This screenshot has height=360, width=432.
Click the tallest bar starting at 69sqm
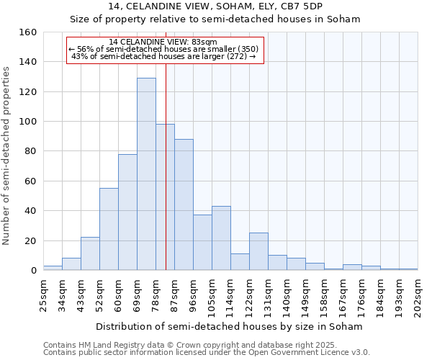coord(146,174)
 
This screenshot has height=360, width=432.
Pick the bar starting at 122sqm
coord(258,251)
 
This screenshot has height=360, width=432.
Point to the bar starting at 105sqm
coord(221,238)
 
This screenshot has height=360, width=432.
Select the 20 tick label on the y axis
coord(30,241)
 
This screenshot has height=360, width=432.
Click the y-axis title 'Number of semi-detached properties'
coord(7,153)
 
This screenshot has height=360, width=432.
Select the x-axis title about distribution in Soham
coord(229,326)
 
